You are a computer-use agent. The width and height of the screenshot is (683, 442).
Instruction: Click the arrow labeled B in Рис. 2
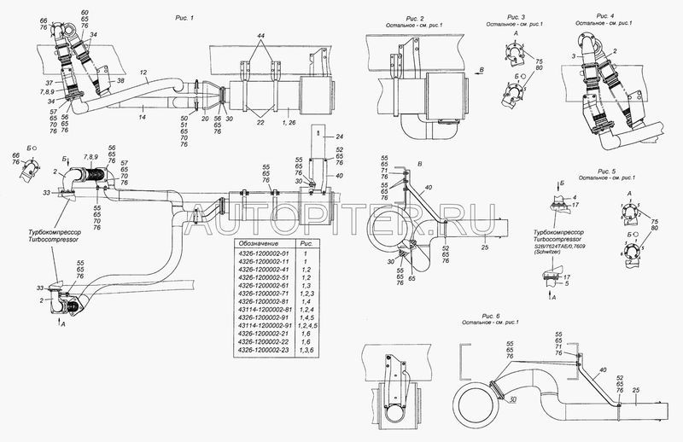(x=482, y=67)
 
